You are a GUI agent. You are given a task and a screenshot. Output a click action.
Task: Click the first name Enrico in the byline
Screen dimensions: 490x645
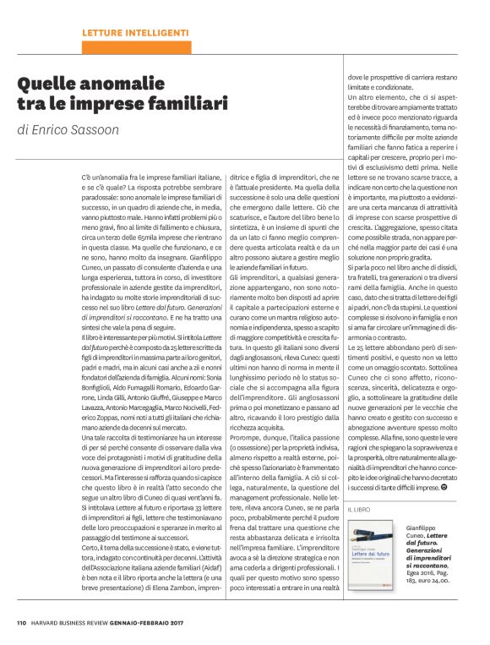click(x=52, y=130)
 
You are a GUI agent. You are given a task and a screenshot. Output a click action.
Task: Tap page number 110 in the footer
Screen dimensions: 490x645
click(x=22, y=624)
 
